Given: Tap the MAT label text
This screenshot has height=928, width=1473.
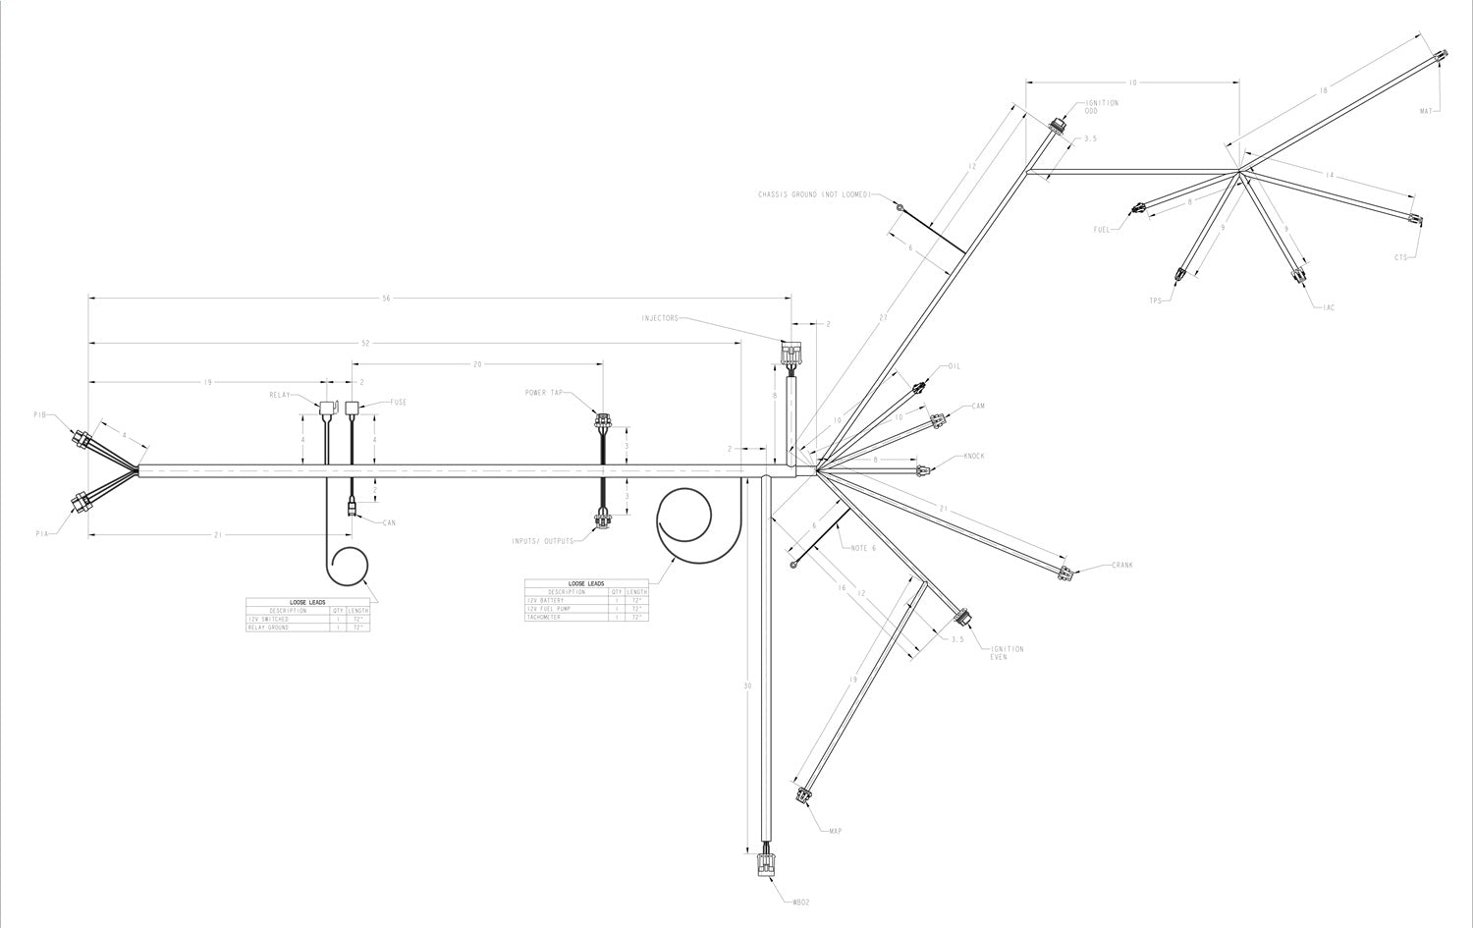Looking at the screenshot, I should pos(1426,111).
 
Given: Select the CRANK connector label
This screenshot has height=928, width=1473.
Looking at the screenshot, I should pos(1122,566).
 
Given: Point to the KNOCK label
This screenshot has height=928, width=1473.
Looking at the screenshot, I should pos(973,457).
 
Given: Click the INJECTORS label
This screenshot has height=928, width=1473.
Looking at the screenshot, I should pos(659,318).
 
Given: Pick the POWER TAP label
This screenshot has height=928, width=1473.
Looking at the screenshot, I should pos(543,392).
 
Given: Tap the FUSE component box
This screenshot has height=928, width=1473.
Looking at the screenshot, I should pos(354,405).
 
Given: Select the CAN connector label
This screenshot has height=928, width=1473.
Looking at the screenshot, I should pos(389,522).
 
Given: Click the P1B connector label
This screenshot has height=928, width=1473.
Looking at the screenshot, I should pos(39,415).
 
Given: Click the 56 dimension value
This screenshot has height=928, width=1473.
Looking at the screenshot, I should pos(386,298).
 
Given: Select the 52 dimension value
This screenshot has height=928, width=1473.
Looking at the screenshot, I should pos(365,343).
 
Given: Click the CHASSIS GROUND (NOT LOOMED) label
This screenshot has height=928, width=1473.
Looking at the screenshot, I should pos(814,194).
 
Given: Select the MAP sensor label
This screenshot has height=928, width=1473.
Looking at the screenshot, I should pos(835,832).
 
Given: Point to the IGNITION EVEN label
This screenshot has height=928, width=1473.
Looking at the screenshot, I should pos(1008,653).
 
